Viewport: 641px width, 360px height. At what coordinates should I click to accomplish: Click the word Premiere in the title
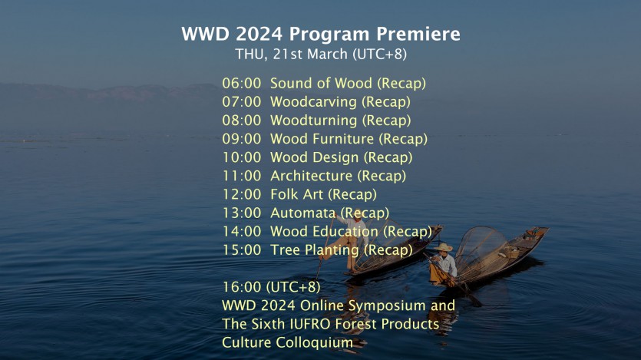[418, 34]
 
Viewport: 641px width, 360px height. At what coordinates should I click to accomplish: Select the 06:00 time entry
[242, 84]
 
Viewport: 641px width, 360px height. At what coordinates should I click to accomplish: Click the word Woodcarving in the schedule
[313, 102]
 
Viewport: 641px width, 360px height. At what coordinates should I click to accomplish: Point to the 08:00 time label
[242, 121]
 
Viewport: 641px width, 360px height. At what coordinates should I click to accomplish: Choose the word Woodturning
[313, 121]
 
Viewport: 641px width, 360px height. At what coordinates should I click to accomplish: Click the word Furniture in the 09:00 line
[343, 139]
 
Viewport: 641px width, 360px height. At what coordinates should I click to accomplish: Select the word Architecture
[311, 176]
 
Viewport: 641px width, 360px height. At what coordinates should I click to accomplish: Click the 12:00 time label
[242, 194]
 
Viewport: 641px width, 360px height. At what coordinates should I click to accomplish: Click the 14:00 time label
[242, 232]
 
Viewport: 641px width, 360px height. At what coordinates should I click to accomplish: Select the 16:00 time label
[242, 287]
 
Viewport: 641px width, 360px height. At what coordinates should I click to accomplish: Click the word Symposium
[381, 306]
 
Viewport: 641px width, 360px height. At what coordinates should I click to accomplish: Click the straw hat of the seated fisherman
[443, 248]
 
